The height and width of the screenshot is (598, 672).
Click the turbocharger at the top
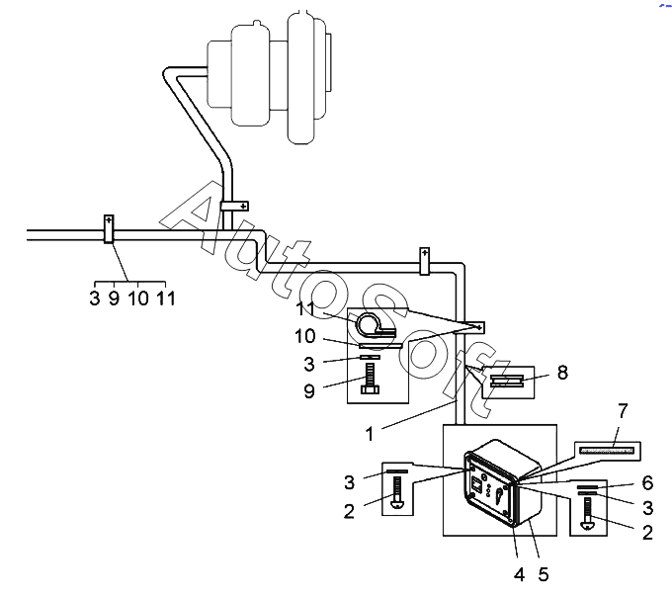pyautogui.click(x=270, y=77)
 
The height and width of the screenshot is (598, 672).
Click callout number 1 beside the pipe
pyautogui.click(x=370, y=434)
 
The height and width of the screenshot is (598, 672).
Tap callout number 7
pyautogui.click(x=623, y=410)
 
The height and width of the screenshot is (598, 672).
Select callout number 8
pyautogui.click(x=562, y=373)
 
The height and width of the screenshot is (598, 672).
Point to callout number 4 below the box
pyautogui.click(x=519, y=574)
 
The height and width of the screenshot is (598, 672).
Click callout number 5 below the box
pyautogui.click(x=544, y=574)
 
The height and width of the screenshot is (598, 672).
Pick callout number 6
pyautogui.click(x=647, y=483)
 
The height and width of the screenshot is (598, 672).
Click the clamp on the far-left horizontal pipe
pyautogui.click(x=109, y=229)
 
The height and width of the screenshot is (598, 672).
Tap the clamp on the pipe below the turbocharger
pyautogui.click(x=234, y=206)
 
